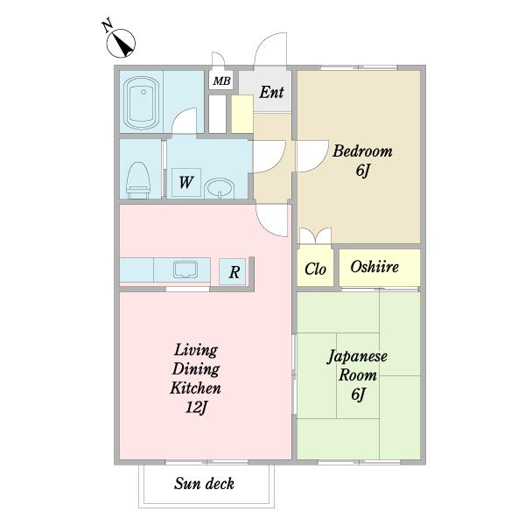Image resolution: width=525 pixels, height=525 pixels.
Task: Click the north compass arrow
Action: click(121, 39)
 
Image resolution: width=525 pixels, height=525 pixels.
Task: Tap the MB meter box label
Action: click(220, 81)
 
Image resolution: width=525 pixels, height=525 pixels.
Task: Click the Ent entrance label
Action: click(271, 91)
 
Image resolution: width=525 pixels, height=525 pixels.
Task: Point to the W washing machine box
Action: click(185, 183)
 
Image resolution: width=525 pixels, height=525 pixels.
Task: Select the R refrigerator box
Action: click(234, 272)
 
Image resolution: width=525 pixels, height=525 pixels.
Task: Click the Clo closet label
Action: click(315, 269)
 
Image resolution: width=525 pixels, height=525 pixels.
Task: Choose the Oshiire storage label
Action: click(374, 267)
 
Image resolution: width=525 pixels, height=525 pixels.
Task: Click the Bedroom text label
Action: click(361, 151)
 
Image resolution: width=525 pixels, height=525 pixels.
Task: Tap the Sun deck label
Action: click(204, 484)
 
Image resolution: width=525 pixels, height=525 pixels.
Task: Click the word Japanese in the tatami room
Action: click(358, 357)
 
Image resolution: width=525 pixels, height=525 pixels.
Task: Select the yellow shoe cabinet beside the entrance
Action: click(241, 114)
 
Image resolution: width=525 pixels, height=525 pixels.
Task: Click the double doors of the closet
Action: click(315, 237)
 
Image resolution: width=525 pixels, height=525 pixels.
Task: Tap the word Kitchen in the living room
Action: click(195, 388)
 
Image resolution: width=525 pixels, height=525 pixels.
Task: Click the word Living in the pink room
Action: click(196, 349)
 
